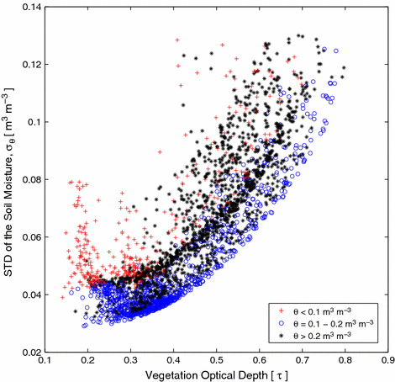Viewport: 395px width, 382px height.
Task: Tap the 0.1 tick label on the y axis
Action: point(34,122)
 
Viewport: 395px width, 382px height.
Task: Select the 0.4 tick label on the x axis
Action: point(173,359)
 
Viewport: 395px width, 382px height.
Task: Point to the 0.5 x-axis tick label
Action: point(216,359)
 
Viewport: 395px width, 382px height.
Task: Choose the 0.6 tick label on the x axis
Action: point(259,359)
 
